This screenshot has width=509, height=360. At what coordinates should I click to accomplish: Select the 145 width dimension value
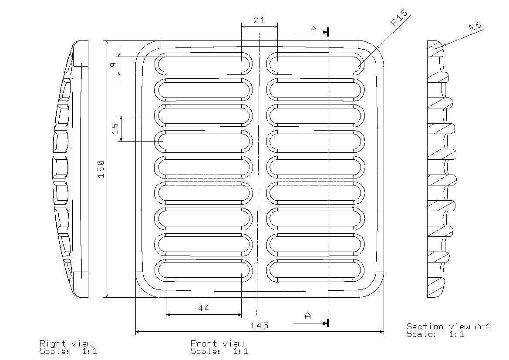(260, 325)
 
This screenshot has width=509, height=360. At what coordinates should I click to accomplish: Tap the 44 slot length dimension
(203, 308)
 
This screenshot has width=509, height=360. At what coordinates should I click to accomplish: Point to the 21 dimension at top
(259, 20)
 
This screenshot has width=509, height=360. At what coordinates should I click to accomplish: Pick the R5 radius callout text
(475, 26)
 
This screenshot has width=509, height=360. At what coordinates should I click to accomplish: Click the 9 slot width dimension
(113, 64)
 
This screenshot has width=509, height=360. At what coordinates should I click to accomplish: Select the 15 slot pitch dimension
(115, 129)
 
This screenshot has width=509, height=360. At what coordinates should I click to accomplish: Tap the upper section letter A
(313, 29)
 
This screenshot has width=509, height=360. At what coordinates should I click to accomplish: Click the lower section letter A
(308, 316)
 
